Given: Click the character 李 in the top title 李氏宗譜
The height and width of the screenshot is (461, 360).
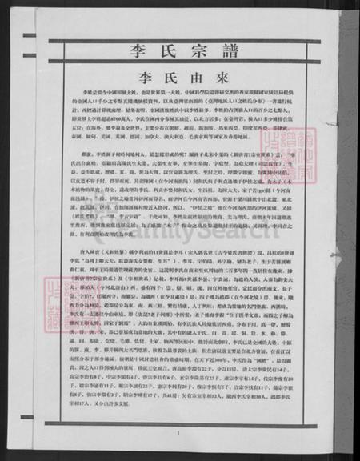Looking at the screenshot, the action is click(139, 52).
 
